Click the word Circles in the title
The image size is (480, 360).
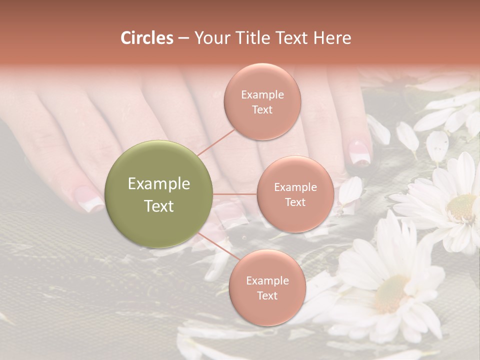pos(146,37)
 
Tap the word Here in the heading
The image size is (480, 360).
pos(332,37)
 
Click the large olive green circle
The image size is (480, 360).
pos(159,194)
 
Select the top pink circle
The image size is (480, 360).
pos(262,101)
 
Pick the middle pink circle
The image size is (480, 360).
pos(295,194)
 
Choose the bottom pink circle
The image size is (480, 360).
pos(267,287)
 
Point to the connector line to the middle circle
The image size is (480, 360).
pos(235,194)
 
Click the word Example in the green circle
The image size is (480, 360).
pos(159,184)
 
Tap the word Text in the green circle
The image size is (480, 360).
pos(159,206)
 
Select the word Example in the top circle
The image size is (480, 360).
pos(262,94)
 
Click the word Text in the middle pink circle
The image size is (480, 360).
pos(295,202)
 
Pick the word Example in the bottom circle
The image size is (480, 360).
pos(267,280)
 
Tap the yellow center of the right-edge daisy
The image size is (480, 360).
pos(461,207)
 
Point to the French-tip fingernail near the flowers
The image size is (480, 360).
pos(359,153)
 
